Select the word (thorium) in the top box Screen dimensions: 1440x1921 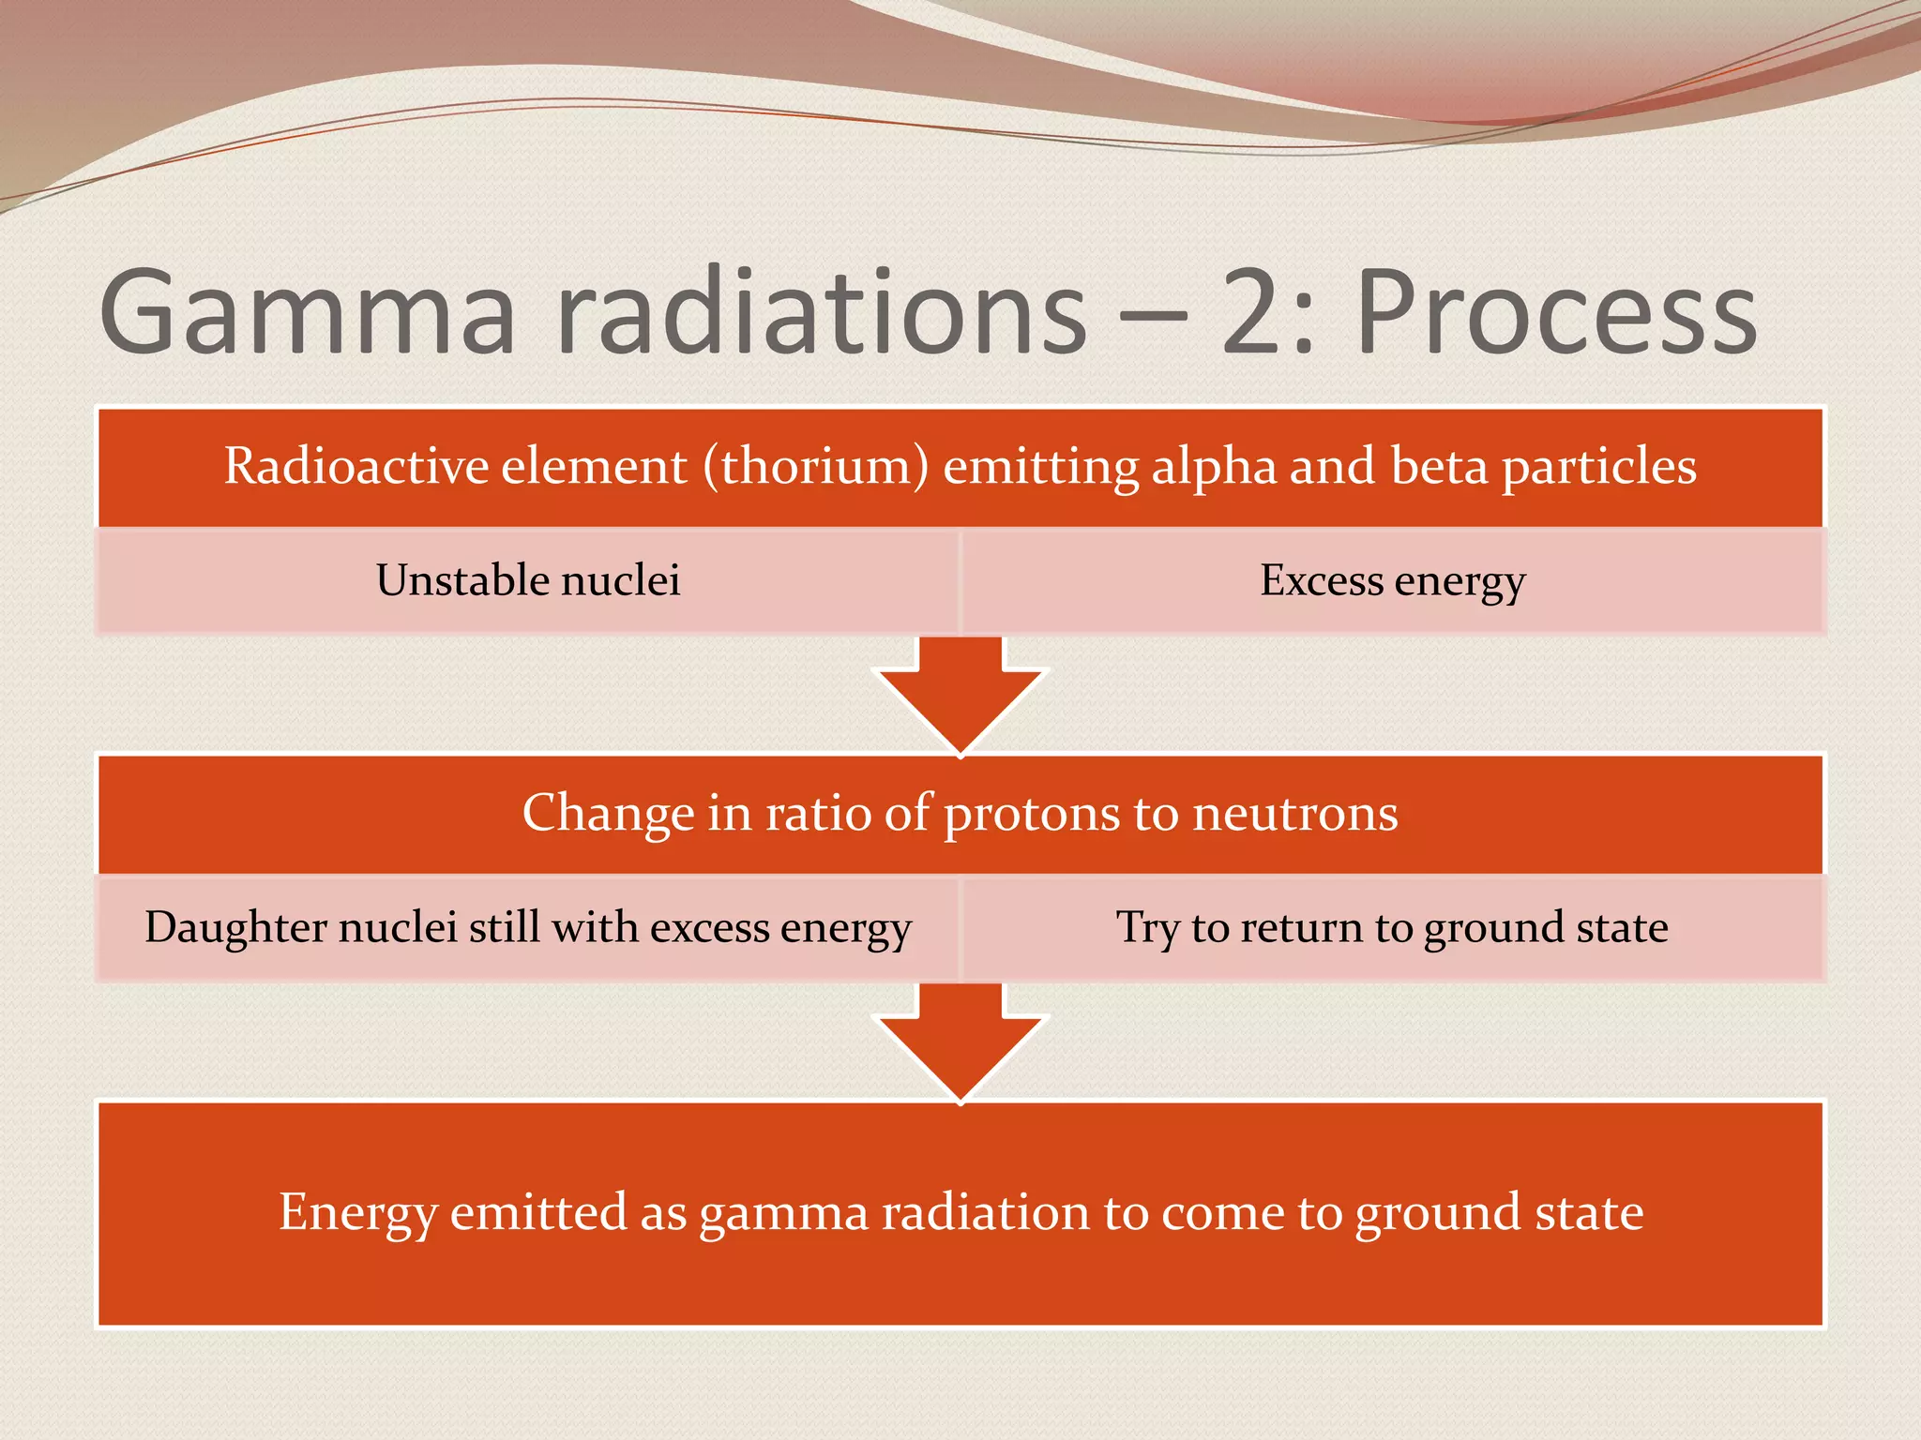pos(816,466)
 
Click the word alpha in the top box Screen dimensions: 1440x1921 pos(1214,466)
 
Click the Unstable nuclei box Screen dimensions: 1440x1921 pos(528,580)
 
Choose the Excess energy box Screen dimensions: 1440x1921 pos(1393,580)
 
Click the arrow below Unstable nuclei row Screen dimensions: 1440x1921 pos(960,698)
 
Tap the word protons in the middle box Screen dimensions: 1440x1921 pos(1031,813)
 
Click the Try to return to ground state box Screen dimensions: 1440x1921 pos(1393,927)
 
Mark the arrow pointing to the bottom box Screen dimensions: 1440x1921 pos(960,1045)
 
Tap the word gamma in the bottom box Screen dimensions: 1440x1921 pos(784,1212)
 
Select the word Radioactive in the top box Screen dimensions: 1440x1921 pos(355,466)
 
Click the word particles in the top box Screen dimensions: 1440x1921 pos(1599,466)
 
